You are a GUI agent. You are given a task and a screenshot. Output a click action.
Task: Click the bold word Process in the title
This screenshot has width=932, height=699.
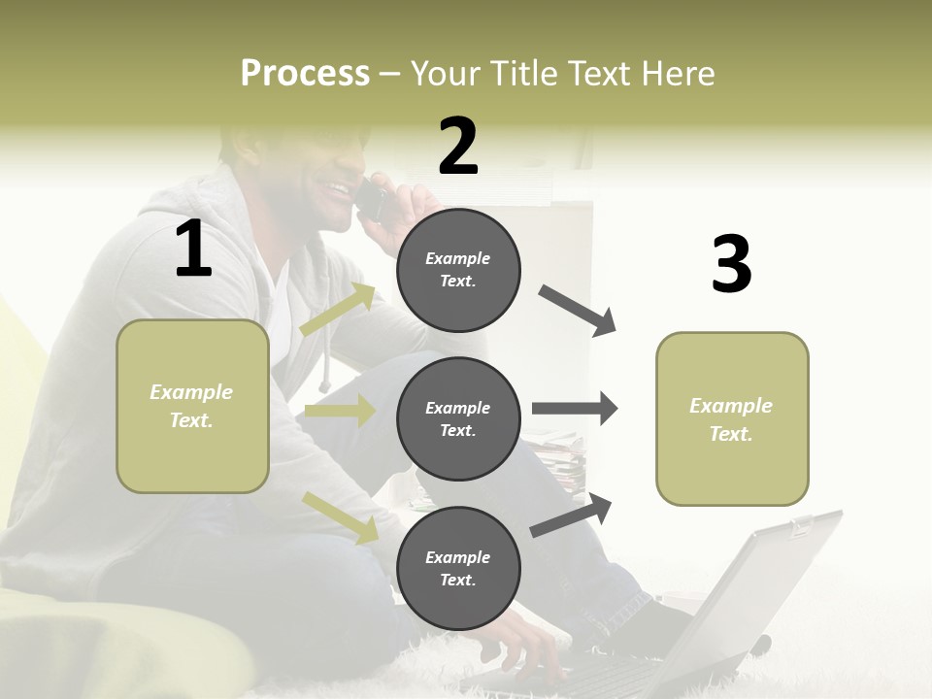[305, 74]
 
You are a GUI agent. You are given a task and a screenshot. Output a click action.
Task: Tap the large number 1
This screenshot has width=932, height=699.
[193, 250]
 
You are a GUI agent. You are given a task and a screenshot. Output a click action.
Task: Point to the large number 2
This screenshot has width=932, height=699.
[458, 146]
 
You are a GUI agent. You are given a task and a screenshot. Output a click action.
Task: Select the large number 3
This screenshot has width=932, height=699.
[731, 264]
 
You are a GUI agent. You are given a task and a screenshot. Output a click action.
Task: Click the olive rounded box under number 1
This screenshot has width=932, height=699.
[192, 406]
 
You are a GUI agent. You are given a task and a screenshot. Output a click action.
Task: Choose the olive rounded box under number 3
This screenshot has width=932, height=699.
[732, 419]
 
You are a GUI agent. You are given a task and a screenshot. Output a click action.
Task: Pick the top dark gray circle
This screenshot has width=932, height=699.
[458, 270]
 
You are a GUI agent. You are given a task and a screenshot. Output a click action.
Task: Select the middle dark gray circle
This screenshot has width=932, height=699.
[458, 419]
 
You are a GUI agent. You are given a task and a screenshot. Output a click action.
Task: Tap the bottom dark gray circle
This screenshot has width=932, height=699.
[458, 568]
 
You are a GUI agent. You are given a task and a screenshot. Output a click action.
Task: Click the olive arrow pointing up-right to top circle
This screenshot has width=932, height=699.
[338, 310]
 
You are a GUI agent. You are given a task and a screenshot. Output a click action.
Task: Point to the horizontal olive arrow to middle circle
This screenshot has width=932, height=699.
[340, 411]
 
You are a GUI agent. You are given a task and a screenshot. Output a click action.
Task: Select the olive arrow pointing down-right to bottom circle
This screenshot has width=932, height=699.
[341, 517]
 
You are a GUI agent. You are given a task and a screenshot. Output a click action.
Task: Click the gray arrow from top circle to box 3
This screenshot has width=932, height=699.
[578, 310]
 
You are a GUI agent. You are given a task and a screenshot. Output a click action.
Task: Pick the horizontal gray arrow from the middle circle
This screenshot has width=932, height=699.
[574, 409]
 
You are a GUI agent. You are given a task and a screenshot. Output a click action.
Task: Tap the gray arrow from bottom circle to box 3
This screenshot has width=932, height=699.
[572, 516]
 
